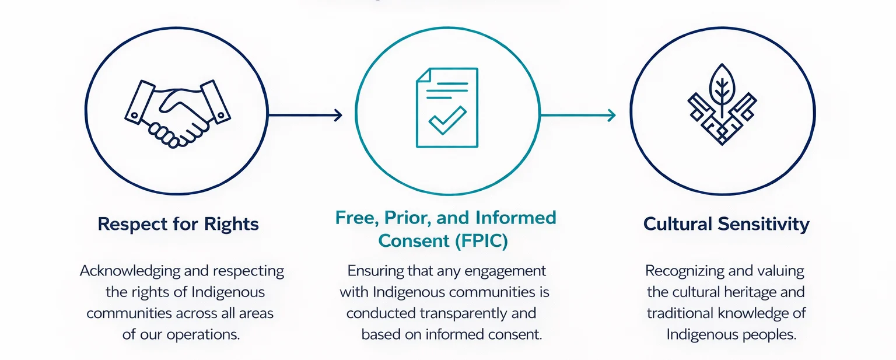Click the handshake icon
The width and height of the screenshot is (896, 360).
pos(176,113)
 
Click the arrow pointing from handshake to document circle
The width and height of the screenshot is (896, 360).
pos(304,115)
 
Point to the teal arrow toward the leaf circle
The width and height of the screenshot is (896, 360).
pos(577,115)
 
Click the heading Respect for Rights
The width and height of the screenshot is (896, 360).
pos(178,224)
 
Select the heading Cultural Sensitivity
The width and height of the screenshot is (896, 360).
pos(726,224)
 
